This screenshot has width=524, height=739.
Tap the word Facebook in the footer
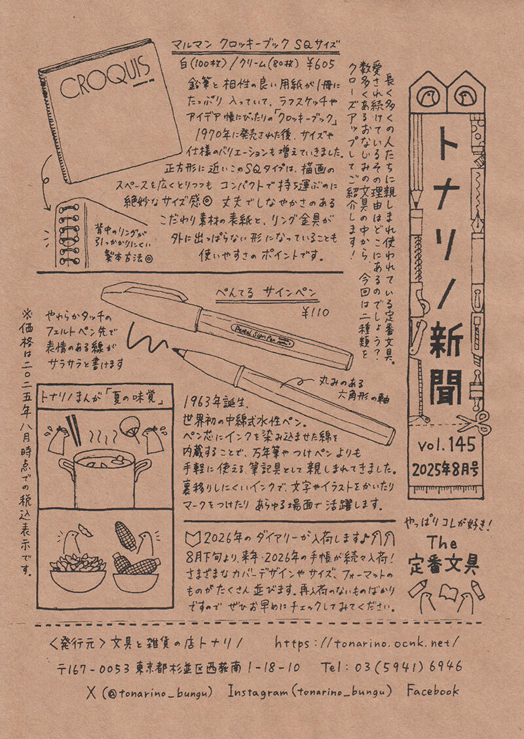click(x=432, y=691)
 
